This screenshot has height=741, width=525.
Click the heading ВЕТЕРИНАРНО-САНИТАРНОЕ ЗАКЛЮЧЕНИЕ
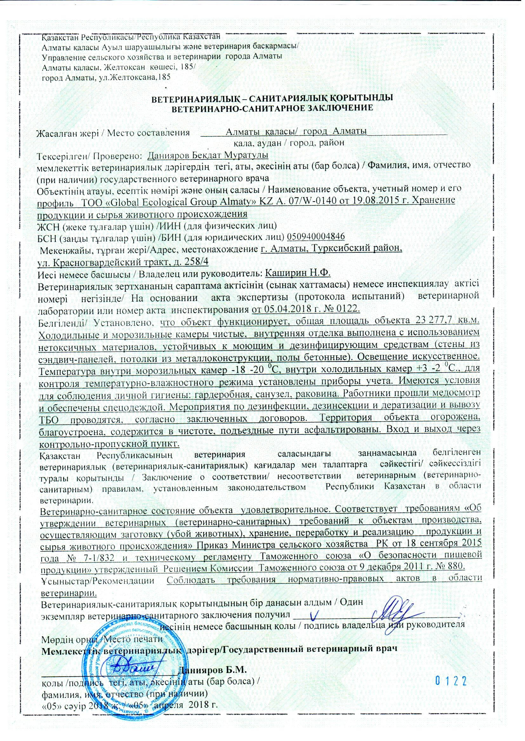click(272, 108)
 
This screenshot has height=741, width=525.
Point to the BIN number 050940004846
click(316, 236)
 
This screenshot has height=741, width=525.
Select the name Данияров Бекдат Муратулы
click(208, 156)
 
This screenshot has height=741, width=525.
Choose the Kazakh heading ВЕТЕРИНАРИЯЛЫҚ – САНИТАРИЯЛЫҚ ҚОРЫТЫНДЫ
click(272, 98)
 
